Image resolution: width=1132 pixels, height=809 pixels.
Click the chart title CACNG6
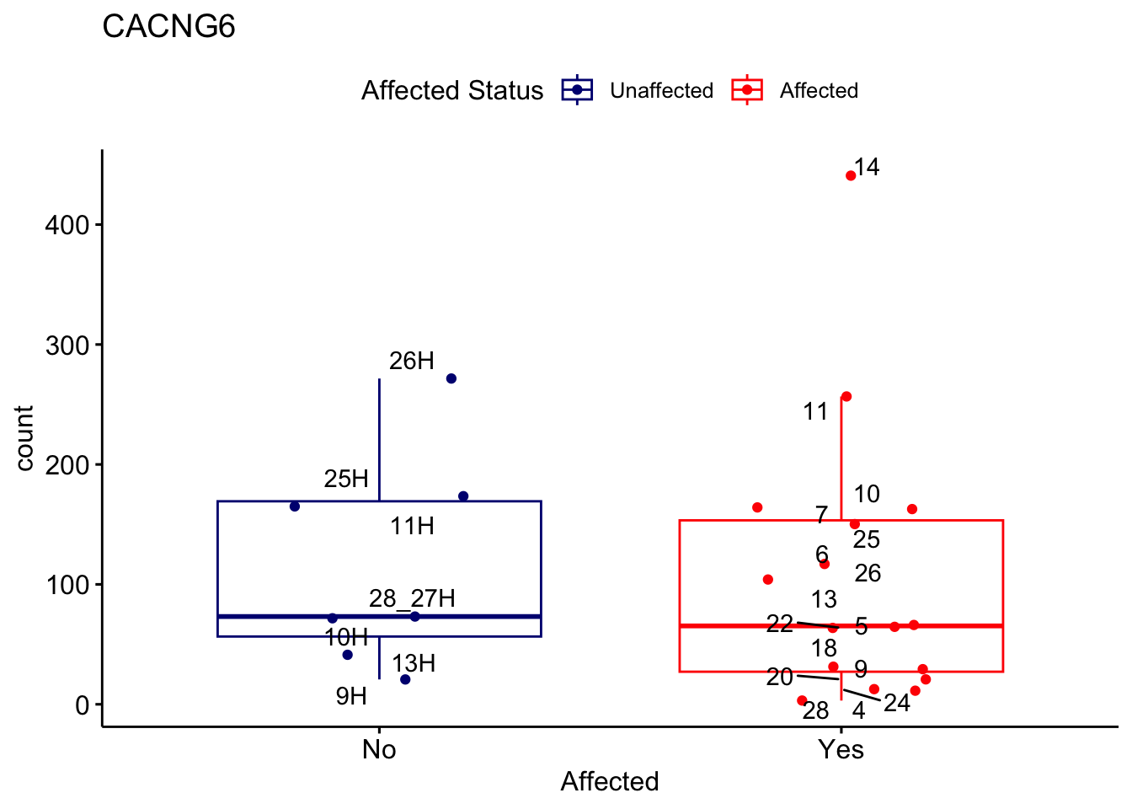tap(168, 27)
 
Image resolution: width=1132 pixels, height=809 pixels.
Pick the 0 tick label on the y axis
tap(82, 705)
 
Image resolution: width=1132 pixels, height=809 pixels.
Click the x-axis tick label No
tap(379, 749)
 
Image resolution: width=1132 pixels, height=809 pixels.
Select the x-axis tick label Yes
tap(841, 749)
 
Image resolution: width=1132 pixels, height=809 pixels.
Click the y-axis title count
tap(24, 438)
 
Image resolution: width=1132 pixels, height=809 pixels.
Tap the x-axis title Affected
tap(610, 782)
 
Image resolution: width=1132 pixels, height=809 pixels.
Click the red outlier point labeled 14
tap(851, 175)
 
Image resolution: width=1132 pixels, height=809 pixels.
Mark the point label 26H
tap(412, 362)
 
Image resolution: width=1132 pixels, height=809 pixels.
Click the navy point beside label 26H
tap(451, 378)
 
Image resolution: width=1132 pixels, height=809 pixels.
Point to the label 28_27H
tap(412, 598)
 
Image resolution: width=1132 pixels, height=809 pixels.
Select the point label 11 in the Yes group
tap(815, 412)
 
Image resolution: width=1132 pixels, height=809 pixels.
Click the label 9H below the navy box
tap(351, 696)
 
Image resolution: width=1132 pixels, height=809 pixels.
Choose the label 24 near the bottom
tap(897, 703)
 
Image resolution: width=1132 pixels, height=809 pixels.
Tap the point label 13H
tap(414, 664)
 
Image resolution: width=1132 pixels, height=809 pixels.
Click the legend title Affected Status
tap(452, 90)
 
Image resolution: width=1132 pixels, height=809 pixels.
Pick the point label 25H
tap(346, 480)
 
